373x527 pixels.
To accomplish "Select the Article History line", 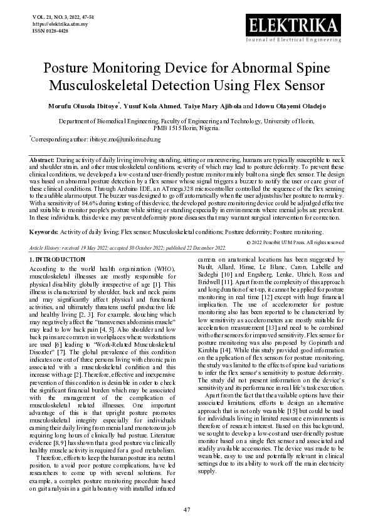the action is click(119, 248).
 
